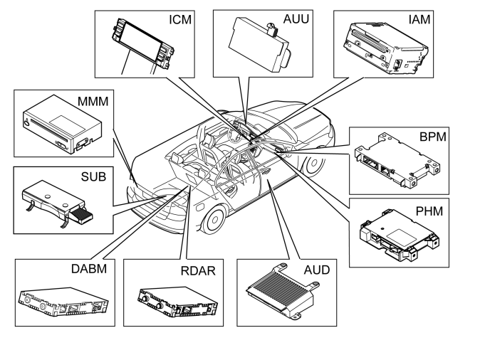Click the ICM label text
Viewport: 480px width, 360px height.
point(180,20)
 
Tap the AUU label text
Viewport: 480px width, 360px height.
point(296,19)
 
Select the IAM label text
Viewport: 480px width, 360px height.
point(419,20)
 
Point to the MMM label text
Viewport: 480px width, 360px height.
point(93,102)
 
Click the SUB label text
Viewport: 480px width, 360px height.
point(93,176)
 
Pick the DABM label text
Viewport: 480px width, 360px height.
point(89,269)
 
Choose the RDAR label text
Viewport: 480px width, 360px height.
point(198,271)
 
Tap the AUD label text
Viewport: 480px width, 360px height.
point(317,270)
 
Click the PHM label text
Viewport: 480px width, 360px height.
point(429,211)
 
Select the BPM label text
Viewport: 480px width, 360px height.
point(433,137)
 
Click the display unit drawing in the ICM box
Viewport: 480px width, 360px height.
point(142,44)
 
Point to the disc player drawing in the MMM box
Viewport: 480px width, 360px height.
point(63,124)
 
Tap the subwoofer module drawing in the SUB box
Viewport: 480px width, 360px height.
point(58,203)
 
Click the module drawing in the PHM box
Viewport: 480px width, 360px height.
point(400,235)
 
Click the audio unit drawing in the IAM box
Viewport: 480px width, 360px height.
point(386,48)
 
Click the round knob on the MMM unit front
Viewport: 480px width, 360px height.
point(28,123)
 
